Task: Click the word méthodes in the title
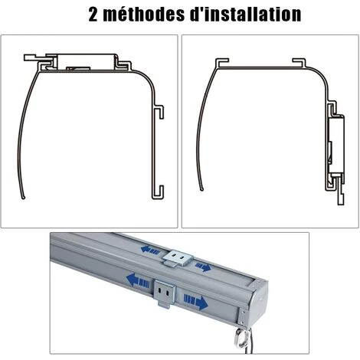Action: (x=144, y=15)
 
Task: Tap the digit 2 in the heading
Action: (x=93, y=15)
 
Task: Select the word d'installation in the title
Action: (x=246, y=15)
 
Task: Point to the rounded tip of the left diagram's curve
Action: (x=24, y=197)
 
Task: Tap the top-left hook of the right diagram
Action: (x=221, y=63)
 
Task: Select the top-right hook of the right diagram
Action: (x=299, y=63)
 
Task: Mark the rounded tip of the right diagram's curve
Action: (x=202, y=189)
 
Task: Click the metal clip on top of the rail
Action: (x=177, y=259)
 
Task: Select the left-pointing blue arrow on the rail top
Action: (x=151, y=250)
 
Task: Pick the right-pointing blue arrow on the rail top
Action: (x=203, y=267)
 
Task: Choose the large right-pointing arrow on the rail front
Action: (x=196, y=302)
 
